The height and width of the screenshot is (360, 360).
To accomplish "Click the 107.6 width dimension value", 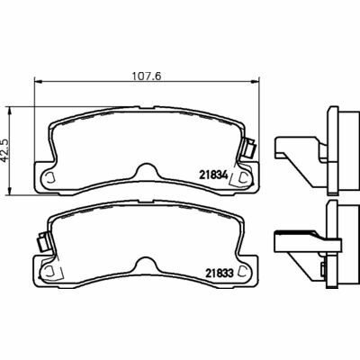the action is (x=147, y=76).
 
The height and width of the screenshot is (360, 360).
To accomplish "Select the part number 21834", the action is (x=214, y=175).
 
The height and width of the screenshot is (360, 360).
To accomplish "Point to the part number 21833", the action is (x=220, y=274).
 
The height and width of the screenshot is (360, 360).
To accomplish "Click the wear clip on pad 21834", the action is (x=249, y=148).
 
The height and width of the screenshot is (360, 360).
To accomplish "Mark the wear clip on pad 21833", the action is (x=42, y=243).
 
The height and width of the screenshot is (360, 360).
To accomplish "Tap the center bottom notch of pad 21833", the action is (x=147, y=265).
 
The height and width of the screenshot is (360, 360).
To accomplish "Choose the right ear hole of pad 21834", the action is (x=243, y=177).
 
